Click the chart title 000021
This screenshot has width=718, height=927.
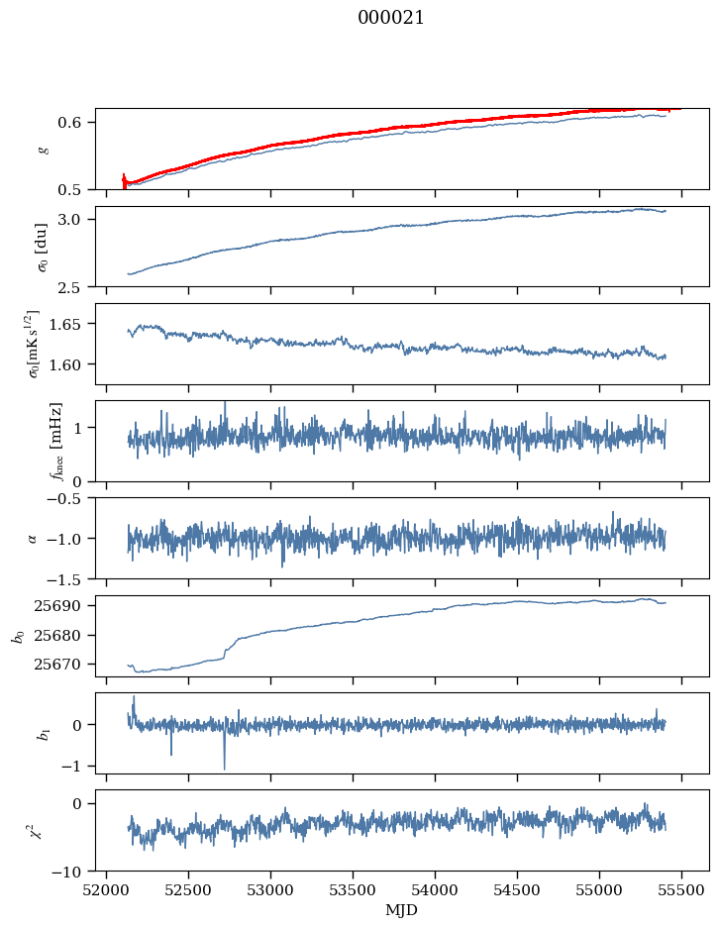391,18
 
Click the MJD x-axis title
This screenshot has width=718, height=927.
402,910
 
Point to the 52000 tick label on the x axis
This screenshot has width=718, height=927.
107,888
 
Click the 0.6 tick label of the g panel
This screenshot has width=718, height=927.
78,123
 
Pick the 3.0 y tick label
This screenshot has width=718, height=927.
78,219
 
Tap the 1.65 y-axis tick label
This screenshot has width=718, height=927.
74,324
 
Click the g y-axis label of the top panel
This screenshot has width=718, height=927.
42,149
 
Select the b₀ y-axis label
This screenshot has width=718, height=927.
17,635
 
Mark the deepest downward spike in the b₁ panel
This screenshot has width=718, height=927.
224,769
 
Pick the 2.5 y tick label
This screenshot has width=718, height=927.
78,287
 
